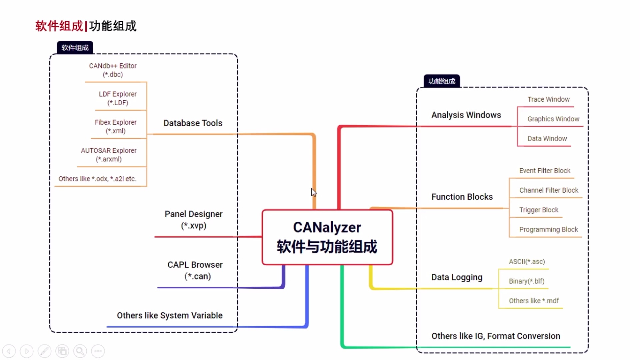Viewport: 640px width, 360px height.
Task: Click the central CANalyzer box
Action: [327, 237]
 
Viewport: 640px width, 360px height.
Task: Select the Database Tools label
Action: [193, 123]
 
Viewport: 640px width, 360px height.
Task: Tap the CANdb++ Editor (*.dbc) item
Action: [113, 70]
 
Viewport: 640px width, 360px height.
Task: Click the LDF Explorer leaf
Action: [118, 98]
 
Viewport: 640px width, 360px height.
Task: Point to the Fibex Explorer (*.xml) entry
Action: [115, 127]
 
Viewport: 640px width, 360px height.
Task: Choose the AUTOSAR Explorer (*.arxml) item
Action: [109, 155]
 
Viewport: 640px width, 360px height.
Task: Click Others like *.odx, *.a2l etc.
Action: [97, 179]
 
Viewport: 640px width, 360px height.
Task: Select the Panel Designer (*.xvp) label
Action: [193, 220]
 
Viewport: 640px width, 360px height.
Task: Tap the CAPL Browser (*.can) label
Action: [195, 270]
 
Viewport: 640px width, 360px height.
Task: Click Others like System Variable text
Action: [169, 315]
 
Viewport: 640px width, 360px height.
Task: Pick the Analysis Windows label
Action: [466, 115]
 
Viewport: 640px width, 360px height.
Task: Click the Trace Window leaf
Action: [548, 99]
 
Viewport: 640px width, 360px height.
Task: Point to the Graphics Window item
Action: [553, 119]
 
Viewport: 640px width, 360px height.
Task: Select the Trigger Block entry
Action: [538, 210]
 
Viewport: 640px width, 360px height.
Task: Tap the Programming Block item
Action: [548, 230]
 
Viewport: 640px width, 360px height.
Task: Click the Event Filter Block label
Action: [545, 171]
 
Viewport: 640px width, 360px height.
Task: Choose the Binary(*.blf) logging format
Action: [526, 281]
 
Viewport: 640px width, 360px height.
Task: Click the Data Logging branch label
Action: [457, 277]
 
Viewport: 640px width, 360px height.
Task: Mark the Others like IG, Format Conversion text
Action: [496, 336]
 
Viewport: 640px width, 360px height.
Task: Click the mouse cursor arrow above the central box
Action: [313, 192]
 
